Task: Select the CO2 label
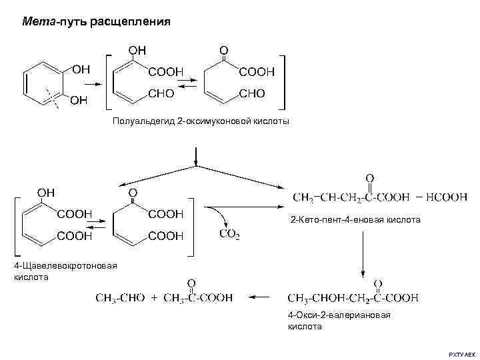[229, 235]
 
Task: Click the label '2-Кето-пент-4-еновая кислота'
[355, 219]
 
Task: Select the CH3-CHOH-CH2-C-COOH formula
[353, 297]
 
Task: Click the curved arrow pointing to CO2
[221, 215]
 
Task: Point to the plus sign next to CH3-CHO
[154, 298]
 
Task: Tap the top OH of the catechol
[81, 68]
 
